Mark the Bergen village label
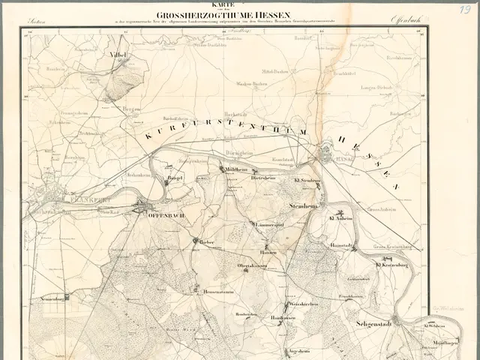[132, 109]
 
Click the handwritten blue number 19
[465, 9]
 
